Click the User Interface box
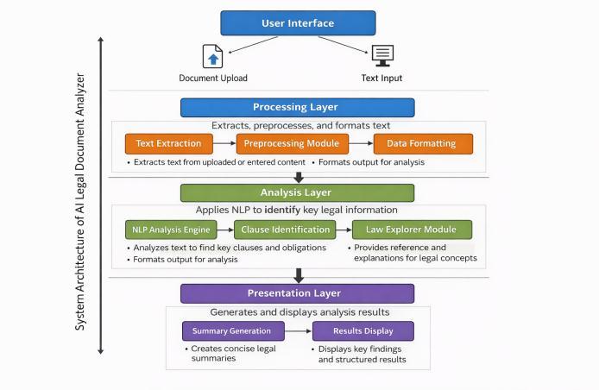tap(298, 23)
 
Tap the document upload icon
tap(213, 57)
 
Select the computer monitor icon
tap(382, 56)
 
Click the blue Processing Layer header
tap(297, 107)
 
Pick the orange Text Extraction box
tap(169, 143)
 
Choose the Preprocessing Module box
tap(293, 143)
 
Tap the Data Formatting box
tap(423, 143)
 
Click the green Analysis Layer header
tap(297, 193)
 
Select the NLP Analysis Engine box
tap(171, 230)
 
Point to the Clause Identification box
tap(285, 230)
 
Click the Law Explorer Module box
tap(412, 230)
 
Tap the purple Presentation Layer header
tap(297, 293)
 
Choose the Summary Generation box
tap(233, 330)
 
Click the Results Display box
tap(363, 330)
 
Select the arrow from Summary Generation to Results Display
tap(299, 330)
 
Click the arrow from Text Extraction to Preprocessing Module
tap(224, 143)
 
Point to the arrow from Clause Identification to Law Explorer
tap(344, 230)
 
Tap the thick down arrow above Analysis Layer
tap(299, 177)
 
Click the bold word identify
tap(283, 210)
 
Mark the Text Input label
tap(381, 78)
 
